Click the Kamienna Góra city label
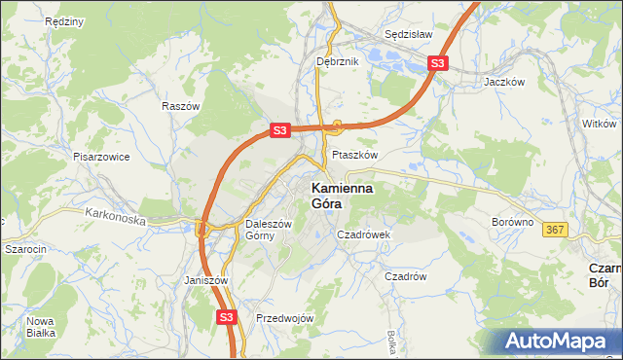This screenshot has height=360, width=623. click(x=346, y=197)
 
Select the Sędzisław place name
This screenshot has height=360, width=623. click(x=408, y=32)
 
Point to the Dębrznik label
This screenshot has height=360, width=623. click(x=338, y=61)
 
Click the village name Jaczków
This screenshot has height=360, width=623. click(x=504, y=83)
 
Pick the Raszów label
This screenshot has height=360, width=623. click(x=181, y=106)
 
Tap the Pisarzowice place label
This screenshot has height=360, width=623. click(x=101, y=156)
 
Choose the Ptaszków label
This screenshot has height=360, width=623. click(x=354, y=155)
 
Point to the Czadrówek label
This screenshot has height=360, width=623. click(x=363, y=234)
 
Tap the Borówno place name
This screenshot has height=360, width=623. click(x=513, y=222)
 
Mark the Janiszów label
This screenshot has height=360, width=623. click(x=205, y=280)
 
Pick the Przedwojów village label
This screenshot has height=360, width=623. click(x=284, y=318)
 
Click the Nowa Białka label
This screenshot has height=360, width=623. click(x=41, y=328)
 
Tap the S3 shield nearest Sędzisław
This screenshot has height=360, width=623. click(x=438, y=64)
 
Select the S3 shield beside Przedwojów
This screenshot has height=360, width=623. click(x=227, y=317)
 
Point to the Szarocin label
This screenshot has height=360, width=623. click(x=26, y=249)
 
